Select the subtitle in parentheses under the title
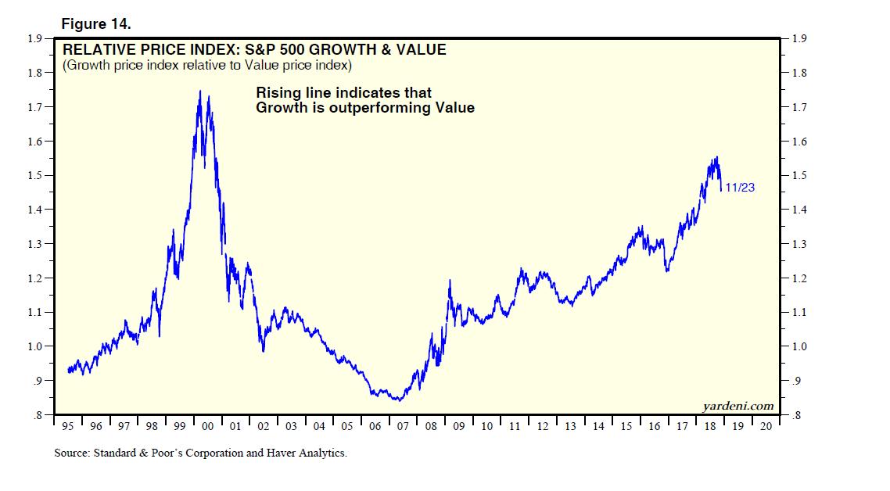(207, 65)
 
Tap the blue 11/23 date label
(740, 188)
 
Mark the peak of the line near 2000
(200, 91)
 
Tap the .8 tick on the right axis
(797, 416)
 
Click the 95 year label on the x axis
(68, 427)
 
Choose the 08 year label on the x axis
(430, 427)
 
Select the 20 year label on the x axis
(766, 427)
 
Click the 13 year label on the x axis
(570, 427)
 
